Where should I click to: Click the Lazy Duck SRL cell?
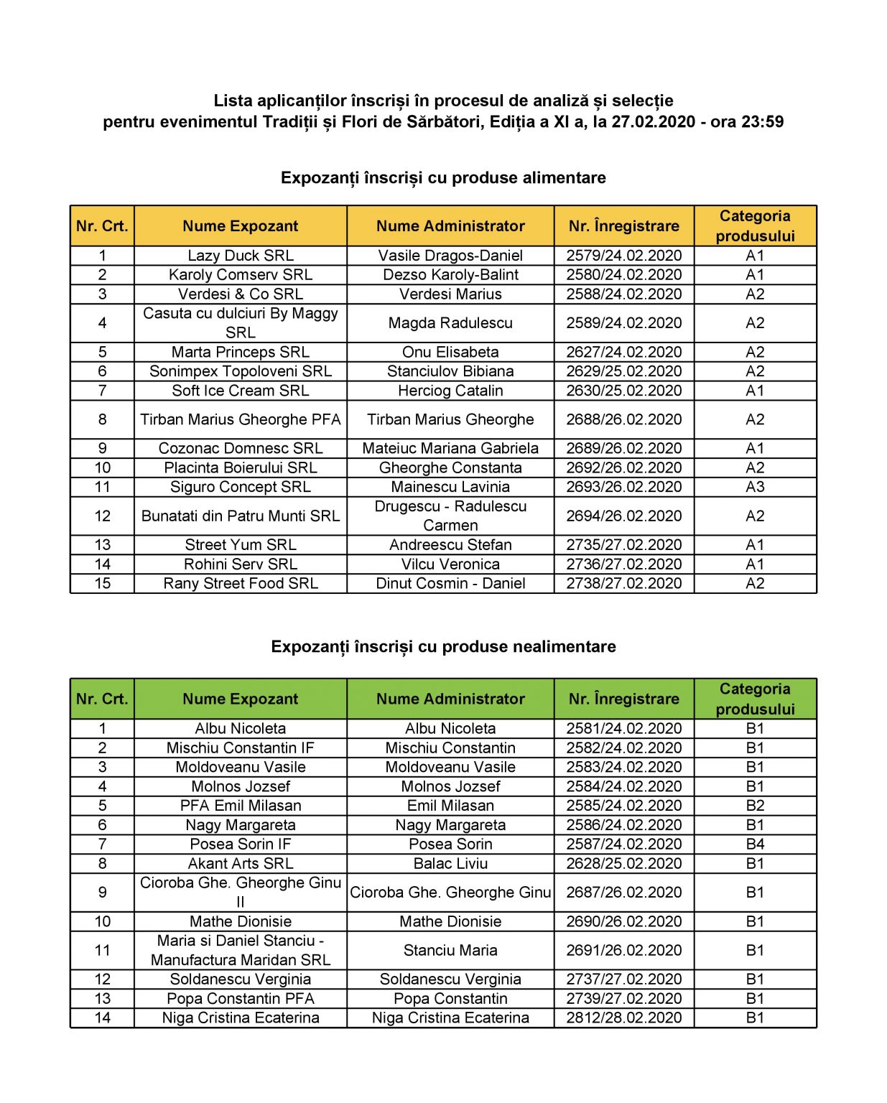click(240, 256)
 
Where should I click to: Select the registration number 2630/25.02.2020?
click(623, 391)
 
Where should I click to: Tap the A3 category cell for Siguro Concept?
click(754, 487)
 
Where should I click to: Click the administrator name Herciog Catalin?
click(450, 391)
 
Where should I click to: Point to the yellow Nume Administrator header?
click(450, 226)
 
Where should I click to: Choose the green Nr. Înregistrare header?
click(623, 699)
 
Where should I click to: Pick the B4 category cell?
click(754, 844)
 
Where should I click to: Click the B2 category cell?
click(754, 806)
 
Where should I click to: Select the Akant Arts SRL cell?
click(240, 864)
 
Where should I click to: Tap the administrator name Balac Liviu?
click(450, 864)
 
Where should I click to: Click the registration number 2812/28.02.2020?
click(623, 1018)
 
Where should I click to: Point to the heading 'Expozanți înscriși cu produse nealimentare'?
click(443, 647)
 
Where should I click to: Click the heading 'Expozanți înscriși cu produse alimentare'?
click(443, 178)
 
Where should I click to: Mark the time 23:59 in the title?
click(762, 122)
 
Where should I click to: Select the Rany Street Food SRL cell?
click(240, 584)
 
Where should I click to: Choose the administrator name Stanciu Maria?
click(450, 951)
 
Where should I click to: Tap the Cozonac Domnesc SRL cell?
click(240, 449)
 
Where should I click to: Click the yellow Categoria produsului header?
click(754, 226)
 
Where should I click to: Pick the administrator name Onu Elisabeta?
click(450, 353)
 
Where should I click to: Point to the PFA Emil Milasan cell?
click(240, 806)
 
